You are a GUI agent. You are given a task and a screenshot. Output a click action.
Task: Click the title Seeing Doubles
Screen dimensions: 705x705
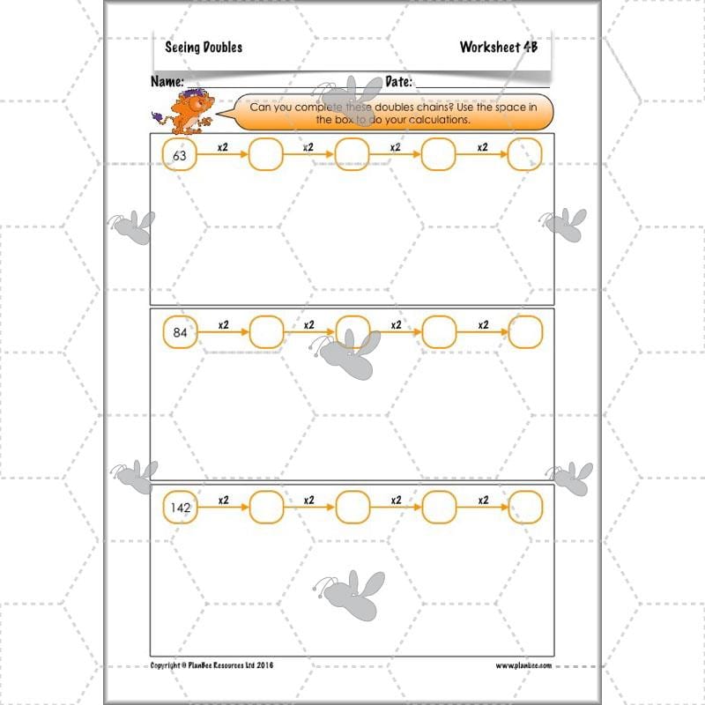point(204,48)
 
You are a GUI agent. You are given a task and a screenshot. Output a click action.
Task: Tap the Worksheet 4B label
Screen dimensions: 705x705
point(498,48)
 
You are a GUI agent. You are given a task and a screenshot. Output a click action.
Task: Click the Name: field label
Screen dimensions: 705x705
point(167,82)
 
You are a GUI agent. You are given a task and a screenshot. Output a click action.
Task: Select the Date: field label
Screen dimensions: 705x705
point(398,82)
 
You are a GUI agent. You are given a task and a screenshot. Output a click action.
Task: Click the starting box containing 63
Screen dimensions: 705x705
point(180,155)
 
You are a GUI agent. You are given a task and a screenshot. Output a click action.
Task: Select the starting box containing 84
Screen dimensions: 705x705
point(180,332)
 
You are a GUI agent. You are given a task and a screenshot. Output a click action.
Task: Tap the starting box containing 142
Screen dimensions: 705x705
point(180,507)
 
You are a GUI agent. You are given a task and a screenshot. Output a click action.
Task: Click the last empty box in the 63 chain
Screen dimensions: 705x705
point(525,155)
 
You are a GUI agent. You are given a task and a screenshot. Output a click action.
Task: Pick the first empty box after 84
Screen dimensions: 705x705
point(266,332)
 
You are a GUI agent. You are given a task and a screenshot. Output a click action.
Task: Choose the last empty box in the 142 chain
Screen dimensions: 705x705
point(525,507)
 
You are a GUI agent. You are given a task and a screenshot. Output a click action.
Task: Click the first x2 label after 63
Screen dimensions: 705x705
point(223,147)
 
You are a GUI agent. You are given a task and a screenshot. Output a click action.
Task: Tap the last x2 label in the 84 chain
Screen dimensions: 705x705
point(483,324)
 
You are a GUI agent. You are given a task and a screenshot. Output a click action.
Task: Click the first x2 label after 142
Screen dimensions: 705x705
point(223,499)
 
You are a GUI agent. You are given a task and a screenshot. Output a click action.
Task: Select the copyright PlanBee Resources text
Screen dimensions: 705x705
point(211,665)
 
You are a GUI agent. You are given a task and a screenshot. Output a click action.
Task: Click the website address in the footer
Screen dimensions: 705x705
point(523,665)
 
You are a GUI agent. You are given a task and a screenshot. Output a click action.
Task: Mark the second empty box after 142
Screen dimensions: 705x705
point(352,507)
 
